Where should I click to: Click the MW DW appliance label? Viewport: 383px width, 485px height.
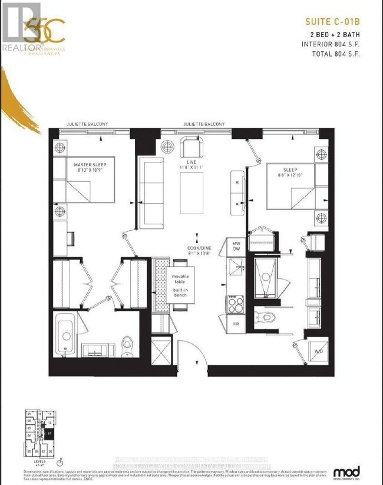[x=236, y=247]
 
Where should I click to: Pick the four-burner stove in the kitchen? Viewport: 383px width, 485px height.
[x=236, y=304]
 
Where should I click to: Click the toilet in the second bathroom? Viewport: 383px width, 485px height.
[x=268, y=317]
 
